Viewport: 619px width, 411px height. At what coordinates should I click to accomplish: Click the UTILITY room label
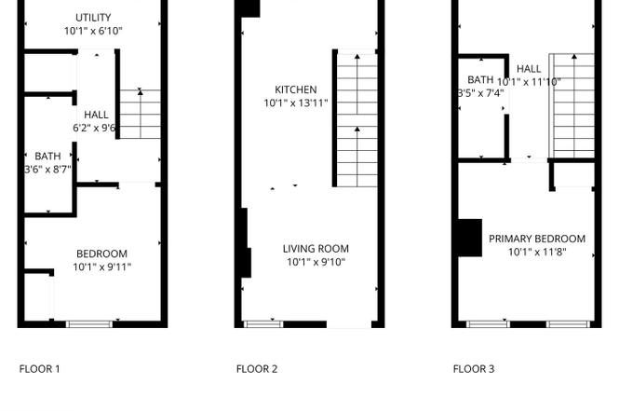(x=93, y=18)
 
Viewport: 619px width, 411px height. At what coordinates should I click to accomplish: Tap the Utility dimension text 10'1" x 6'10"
(x=94, y=31)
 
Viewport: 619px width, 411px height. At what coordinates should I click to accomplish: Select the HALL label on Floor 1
(x=96, y=115)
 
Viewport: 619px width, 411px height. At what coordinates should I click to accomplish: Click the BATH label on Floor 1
(x=47, y=156)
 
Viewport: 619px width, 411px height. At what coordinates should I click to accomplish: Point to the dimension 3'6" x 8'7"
(x=47, y=170)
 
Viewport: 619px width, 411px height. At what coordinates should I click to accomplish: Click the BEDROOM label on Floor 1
(x=101, y=253)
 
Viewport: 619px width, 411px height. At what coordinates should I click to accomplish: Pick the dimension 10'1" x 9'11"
(x=101, y=267)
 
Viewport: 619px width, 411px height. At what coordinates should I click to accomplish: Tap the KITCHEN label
(x=296, y=89)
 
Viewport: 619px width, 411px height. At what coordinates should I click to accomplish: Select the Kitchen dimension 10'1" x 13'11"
(x=296, y=103)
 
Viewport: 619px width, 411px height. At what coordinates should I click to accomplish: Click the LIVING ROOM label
(x=316, y=249)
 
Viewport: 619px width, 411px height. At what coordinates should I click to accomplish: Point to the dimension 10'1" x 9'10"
(x=316, y=262)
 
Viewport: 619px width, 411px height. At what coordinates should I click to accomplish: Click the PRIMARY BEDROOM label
(x=537, y=240)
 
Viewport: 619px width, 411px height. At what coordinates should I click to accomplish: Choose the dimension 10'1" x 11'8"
(x=537, y=253)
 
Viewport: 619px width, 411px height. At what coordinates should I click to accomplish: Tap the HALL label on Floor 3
(x=529, y=69)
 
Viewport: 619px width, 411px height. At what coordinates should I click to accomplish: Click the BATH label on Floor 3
(x=480, y=80)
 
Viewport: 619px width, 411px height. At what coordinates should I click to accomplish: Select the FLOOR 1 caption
(x=39, y=369)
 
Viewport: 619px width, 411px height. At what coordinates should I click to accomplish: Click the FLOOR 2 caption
(x=257, y=369)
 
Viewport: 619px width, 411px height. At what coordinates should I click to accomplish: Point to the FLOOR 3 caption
(x=474, y=369)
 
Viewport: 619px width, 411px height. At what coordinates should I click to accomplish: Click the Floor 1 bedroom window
(x=89, y=324)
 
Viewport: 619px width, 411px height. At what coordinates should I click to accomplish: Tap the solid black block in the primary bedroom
(x=470, y=238)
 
